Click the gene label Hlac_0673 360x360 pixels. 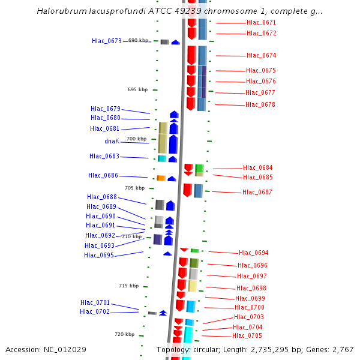point(106,41)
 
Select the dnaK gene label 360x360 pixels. point(112,142)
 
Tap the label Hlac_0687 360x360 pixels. point(257,193)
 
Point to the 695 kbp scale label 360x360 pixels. point(137,90)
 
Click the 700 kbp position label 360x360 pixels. point(136,139)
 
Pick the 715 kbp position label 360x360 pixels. point(128,286)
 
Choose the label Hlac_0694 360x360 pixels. point(253,253)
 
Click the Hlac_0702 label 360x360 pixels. point(95,312)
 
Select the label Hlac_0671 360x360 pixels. point(261,23)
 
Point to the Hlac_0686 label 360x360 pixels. point(103,176)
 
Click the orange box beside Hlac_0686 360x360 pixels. point(161,178)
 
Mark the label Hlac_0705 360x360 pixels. point(247,336)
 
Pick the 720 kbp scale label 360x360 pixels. point(125,334)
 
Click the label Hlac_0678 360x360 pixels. point(260,105)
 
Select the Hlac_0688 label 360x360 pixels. point(101,197)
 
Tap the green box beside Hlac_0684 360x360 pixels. point(199,169)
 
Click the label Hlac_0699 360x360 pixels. point(250,299)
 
